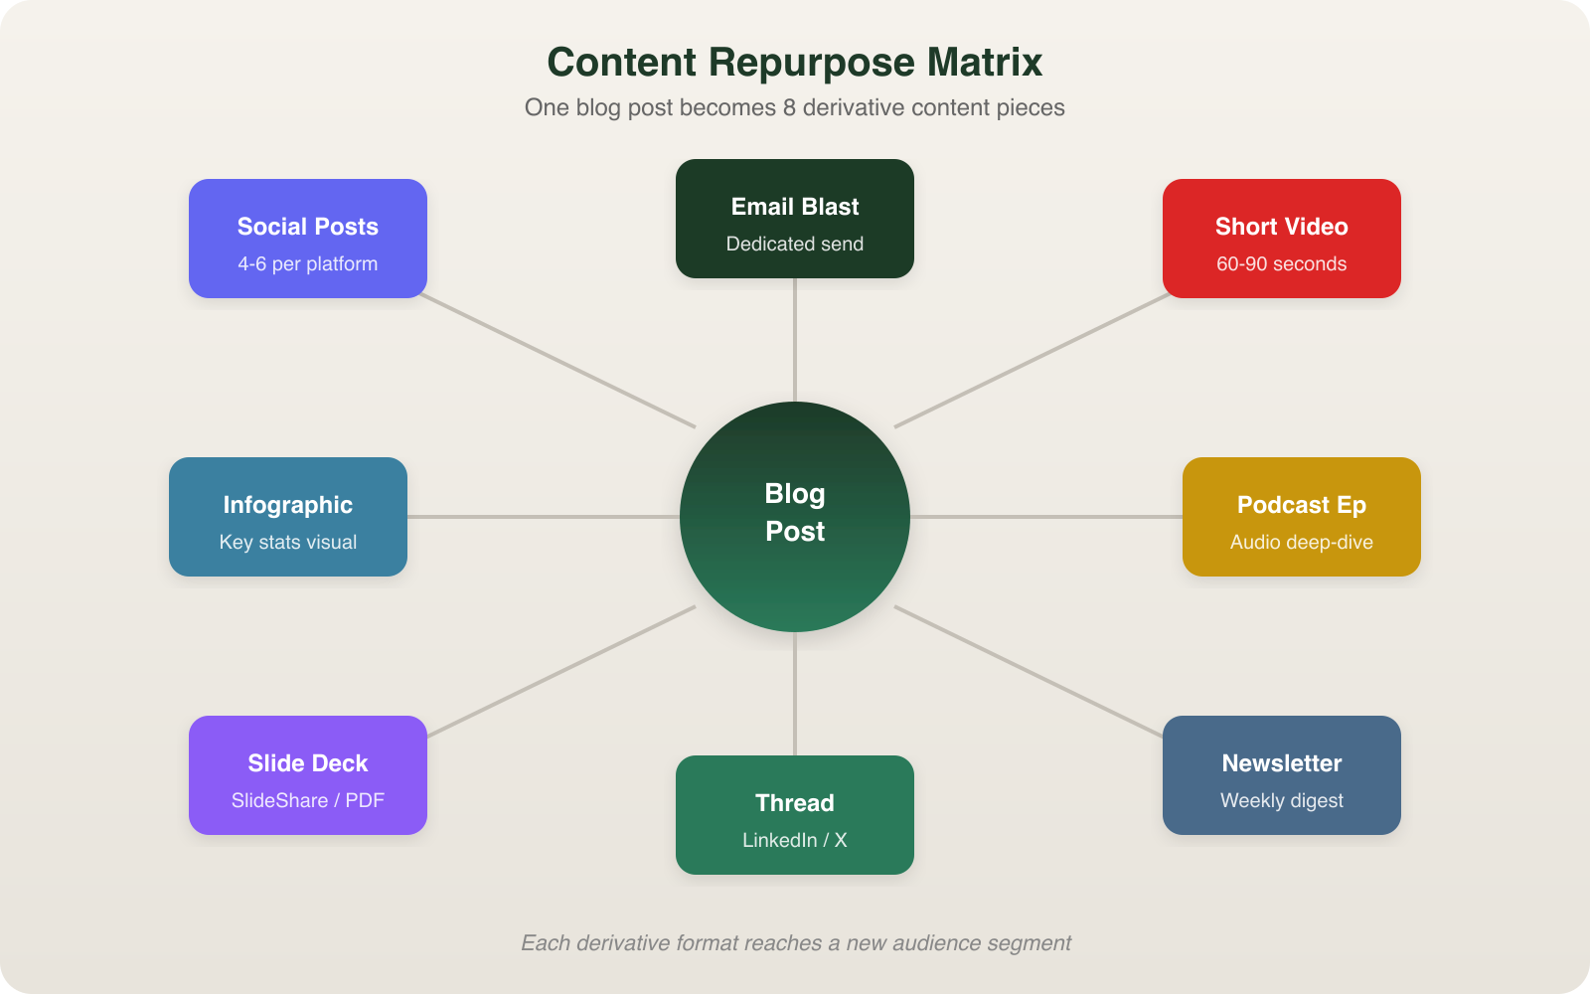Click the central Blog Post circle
[x=795, y=516]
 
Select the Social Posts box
[x=308, y=239]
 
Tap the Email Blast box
[x=795, y=219]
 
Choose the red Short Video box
[x=1282, y=239]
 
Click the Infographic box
[x=288, y=517]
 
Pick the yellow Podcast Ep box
[x=1302, y=517]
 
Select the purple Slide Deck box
[x=308, y=775]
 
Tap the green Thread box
[x=795, y=815]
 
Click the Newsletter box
[x=1282, y=775]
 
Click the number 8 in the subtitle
[x=789, y=107]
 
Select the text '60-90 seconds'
[x=1282, y=264]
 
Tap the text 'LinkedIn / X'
[x=795, y=841]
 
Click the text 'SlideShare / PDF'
[x=308, y=801]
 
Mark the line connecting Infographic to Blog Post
[x=544, y=517]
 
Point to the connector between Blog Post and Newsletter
[x=1029, y=671]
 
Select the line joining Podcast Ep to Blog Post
[x=1045, y=517]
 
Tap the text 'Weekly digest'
[x=1282, y=801]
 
